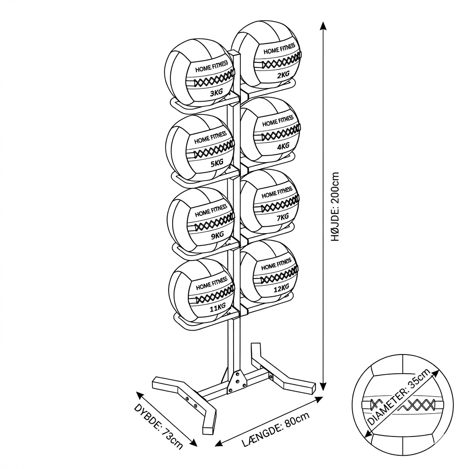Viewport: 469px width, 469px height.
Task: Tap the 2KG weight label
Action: point(283,74)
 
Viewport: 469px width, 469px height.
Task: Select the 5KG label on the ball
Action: point(217,164)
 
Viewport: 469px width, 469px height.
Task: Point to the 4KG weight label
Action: point(283,146)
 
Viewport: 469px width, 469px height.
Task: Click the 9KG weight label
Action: point(218,236)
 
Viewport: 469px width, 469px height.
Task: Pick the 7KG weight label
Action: point(283,217)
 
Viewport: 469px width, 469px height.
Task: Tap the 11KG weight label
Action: point(218,307)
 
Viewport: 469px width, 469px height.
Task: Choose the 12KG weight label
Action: point(282,289)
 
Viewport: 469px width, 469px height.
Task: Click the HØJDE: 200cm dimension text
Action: point(335,207)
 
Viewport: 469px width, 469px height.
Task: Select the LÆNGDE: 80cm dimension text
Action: point(275,429)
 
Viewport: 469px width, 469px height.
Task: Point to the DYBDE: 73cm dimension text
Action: point(158,426)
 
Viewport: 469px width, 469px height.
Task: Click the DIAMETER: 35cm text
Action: point(398,397)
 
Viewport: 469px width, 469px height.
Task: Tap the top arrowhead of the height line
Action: point(322,26)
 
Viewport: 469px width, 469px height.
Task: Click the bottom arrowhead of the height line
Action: point(322,387)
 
